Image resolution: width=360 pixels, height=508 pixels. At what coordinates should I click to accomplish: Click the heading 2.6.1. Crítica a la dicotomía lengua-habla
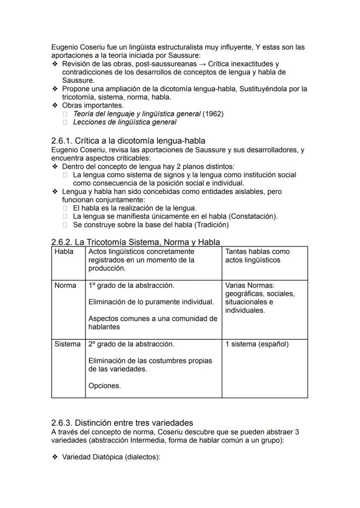pyautogui.click(x=128, y=141)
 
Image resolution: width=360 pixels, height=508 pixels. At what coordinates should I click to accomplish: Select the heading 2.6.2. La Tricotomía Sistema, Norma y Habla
pyautogui.click(x=135, y=242)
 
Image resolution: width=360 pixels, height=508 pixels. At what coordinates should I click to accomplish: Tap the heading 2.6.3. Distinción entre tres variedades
pyautogui.click(x=122, y=423)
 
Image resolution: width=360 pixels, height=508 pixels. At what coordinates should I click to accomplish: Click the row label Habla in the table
pyautogui.click(x=64, y=252)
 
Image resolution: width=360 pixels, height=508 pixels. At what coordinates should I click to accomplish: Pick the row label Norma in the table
pyautogui.click(x=65, y=286)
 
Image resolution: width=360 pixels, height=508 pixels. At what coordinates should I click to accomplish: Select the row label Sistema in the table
pyautogui.click(x=67, y=344)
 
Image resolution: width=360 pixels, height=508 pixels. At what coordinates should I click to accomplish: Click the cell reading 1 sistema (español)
pyautogui.click(x=257, y=344)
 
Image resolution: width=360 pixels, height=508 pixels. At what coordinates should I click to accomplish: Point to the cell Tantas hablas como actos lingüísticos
pyautogui.click(x=257, y=256)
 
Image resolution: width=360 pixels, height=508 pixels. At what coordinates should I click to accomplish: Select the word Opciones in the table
pyautogui.click(x=105, y=385)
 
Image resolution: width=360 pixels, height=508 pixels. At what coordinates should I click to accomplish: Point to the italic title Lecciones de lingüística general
pyautogui.click(x=125, y=122)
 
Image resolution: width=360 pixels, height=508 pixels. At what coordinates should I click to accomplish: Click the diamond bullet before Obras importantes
pyautogui.click(x=55, y=106)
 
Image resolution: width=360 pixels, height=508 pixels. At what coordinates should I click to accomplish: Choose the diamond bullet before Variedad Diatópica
pyautogui.click(x=55, y=457)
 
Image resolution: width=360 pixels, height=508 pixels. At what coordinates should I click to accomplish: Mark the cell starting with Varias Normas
pyautogui.click(x=260, y=298)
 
